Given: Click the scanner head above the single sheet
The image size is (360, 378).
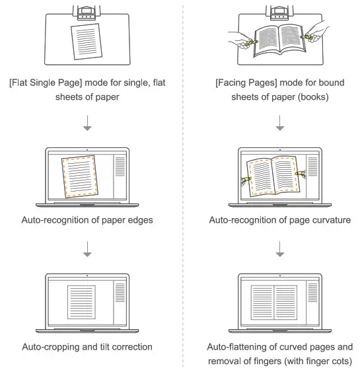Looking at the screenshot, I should click(89, 10).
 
